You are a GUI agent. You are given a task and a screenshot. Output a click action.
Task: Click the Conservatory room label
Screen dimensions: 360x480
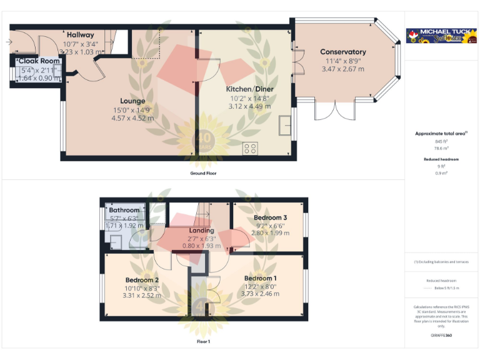click(342, 52)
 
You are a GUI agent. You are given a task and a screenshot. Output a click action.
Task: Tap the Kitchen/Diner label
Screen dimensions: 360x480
click(249, 89)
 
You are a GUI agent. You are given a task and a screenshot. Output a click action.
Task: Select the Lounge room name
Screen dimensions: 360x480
click(132, 101)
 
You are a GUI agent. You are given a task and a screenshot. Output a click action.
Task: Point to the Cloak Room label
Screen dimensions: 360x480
click(39, 61)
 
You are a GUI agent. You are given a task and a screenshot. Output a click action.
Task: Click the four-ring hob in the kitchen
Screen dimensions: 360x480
click(251, 149)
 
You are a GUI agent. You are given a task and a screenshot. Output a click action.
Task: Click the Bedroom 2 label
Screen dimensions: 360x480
click(141, 279)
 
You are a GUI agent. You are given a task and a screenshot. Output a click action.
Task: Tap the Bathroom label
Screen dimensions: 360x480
click(127, 209)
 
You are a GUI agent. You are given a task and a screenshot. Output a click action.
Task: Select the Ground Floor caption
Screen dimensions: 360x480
click(203, 172)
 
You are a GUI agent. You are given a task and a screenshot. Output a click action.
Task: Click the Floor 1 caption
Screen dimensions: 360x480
click(203, 342)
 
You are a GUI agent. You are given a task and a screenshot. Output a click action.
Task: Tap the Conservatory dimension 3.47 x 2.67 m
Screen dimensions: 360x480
click(342, 69)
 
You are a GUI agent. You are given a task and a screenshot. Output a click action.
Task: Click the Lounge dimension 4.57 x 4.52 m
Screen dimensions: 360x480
click(132, 117)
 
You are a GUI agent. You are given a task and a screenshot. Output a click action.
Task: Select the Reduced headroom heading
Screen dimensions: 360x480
click(441, 159)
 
